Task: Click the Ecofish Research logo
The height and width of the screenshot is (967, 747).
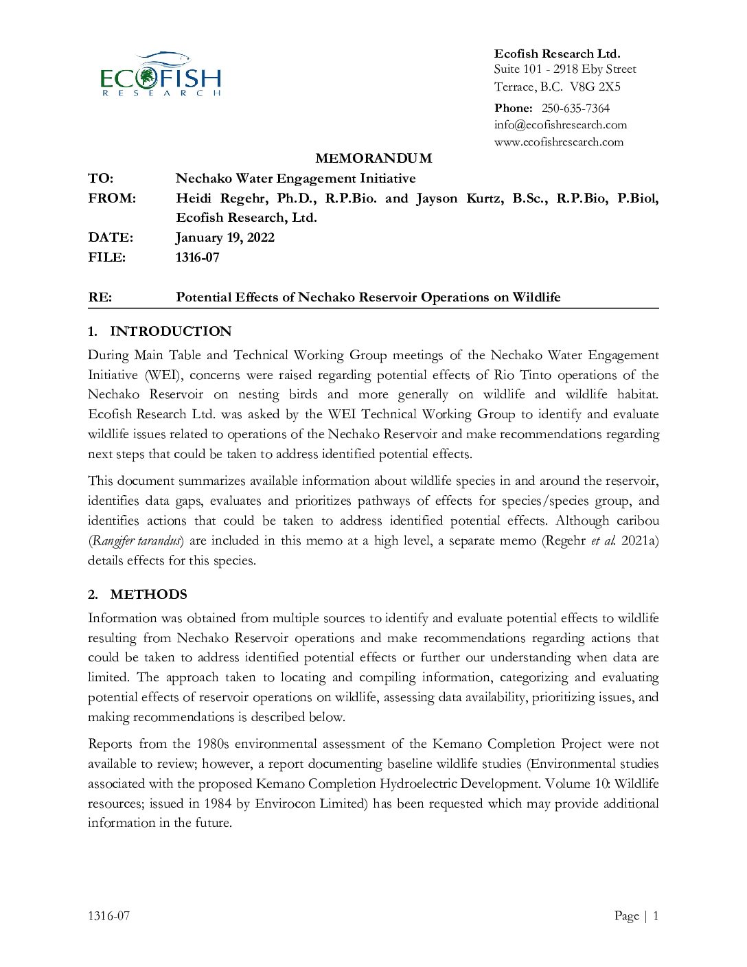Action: pyautogui.click(x=161, y=74)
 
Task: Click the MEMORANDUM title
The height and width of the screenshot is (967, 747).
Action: pyautogui.click(x=373, y=159)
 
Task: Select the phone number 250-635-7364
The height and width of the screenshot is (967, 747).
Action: pyautogui.click(x=575, y=108)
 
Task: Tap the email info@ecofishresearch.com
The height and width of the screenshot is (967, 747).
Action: pyautogui.click(x=560, y=125)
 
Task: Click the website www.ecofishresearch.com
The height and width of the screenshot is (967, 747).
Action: pyautogui.click(x=558, y=142)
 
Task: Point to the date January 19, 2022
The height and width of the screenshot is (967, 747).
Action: pyautogui.click(x=225, y=238)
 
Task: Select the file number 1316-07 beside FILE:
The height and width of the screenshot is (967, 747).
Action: pyautogui.click(x=198, y=258)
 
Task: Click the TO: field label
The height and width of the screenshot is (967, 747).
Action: pyautogui.click(x=100, y=179)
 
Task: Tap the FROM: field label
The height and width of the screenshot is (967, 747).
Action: pyautogui.click(x=112, y=198)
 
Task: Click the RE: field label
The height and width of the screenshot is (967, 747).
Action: pyautogui.click(x=100, y=297)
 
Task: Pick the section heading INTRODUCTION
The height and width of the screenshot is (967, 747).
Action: pyautogui.click(x=170, y=332)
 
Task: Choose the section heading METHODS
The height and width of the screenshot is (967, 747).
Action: pyautogui.click(x=148, y=595)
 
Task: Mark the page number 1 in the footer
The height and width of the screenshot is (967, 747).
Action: pyautogui.click(x=656, y=915)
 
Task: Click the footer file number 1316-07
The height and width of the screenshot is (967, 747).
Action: pyautogui.click(x=108, y=915)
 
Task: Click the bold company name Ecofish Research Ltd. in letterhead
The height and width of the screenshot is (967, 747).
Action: pyautogui.click(x=557, y=54)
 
